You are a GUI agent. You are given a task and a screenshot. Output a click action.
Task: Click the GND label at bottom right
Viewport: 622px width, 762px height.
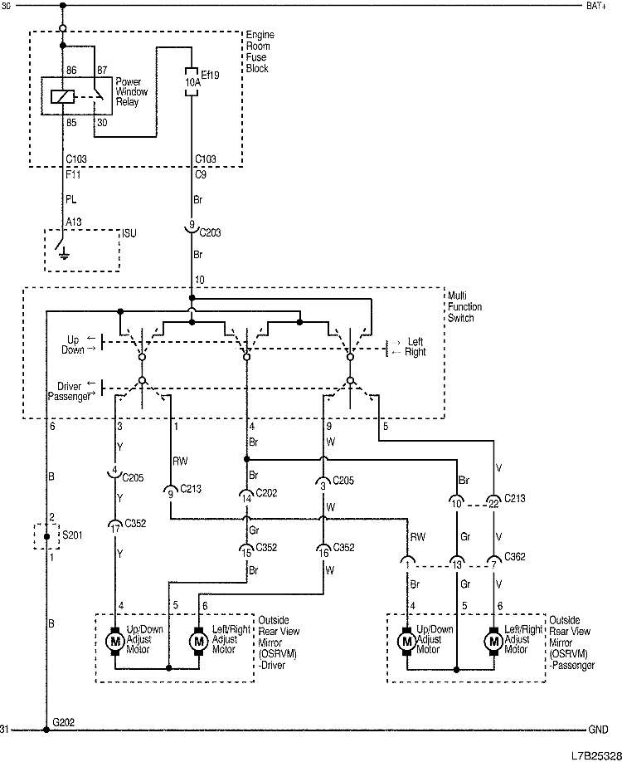click(598, 730)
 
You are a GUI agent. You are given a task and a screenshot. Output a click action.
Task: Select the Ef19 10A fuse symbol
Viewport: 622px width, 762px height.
click(192, 83)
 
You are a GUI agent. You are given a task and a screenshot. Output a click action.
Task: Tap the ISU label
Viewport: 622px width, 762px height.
click(129, 234)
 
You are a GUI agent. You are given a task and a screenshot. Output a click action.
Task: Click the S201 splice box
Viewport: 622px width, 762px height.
click(46, 536)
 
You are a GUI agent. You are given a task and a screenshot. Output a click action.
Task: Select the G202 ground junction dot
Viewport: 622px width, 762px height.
click(46, 730)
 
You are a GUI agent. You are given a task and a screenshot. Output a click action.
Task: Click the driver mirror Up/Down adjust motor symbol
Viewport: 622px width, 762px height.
click(115, 642)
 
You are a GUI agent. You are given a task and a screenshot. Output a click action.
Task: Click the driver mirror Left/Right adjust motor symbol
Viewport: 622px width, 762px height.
click(198, 642)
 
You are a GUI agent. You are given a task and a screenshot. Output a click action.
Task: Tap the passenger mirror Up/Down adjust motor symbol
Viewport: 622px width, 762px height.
click(407, 642)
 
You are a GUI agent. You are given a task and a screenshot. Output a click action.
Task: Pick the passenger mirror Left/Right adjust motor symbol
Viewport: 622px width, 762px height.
click(494, 642)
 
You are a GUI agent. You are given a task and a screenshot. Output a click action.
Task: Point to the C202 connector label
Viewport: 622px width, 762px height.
click(266, 493)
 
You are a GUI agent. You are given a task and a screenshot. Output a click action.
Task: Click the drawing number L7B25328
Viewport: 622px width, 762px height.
click(595, 755)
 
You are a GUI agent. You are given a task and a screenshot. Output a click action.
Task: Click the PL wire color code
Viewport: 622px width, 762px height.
click(71, 200)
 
